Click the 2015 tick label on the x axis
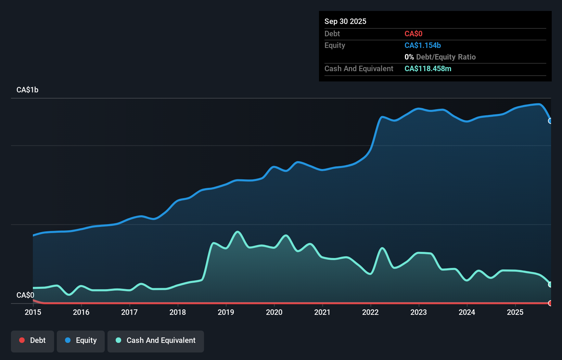[33, 312]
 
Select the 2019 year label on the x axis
[226, 312]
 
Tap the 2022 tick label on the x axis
[370, 312]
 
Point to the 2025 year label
[515, 312]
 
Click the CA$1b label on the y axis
[27, 90]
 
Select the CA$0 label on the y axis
[25, 295]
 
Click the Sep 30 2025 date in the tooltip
[345, 21]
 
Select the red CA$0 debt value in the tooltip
[413, 34]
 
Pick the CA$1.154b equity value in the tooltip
[423, 45]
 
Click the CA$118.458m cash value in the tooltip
[428, 68]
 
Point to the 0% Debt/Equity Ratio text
[440, 57]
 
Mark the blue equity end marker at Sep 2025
[550, 121]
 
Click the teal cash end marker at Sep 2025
[550, 284]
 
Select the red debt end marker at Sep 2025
[550, 303]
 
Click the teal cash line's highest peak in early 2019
[238, 232]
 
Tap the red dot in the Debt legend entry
[22, 340]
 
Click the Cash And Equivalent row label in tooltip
[359, 68]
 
